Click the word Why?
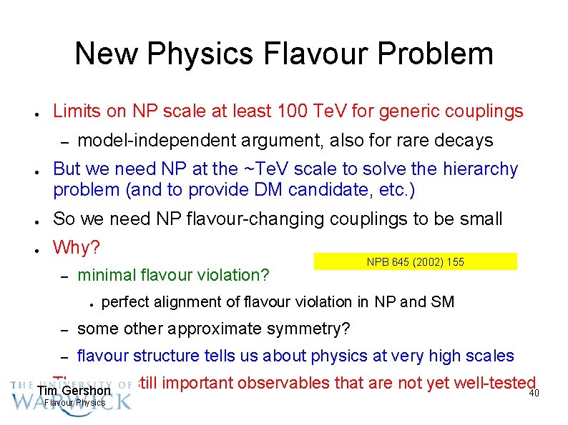coord(77,248)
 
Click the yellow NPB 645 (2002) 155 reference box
coord(415,262)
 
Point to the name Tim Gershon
coord(74,391)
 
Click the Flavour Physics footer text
coord(74,403)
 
